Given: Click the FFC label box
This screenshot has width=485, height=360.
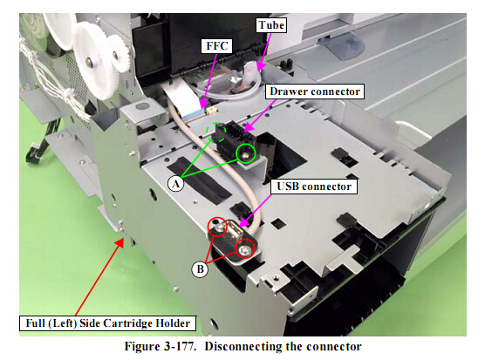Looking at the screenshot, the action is [x=217, y=46].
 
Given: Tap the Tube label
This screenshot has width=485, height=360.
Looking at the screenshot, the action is [x=271, y=25].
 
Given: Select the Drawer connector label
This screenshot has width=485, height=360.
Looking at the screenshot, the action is [x=315, y=92].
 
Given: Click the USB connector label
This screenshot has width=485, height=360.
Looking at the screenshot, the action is [x=314, y=187].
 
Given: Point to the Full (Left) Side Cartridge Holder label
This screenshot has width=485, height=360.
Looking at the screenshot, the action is [x=107, y=323].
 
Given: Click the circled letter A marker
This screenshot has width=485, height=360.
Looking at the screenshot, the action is [x=175, y=184].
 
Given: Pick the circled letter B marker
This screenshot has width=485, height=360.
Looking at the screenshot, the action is [x=200, y=269].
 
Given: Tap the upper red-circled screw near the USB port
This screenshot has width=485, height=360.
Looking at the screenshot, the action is [x=219, y=228].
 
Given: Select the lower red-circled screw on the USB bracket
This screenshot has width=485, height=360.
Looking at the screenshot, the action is [x=244, y=248].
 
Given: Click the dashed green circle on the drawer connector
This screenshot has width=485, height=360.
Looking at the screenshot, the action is [x=217, y=132].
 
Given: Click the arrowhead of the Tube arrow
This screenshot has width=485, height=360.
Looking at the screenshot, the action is [x=259, y=67].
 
